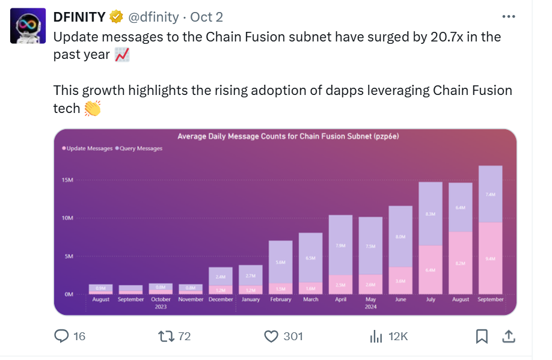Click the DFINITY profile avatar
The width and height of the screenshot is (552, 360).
28,25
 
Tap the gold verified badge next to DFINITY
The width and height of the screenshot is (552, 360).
116,17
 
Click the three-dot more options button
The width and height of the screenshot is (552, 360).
508,17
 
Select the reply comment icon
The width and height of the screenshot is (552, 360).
61,337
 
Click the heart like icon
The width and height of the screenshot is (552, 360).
272,337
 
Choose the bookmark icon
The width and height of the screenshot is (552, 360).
482,337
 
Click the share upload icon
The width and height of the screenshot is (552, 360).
508,337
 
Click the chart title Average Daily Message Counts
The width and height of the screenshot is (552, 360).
288,136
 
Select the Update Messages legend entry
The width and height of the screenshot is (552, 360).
87,148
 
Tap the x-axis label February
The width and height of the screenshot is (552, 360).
281,299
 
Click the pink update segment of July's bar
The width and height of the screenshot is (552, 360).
430,270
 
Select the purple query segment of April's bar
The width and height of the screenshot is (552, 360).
340,245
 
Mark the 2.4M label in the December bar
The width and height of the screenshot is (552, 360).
221,277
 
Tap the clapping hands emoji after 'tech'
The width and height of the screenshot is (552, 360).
93,108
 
